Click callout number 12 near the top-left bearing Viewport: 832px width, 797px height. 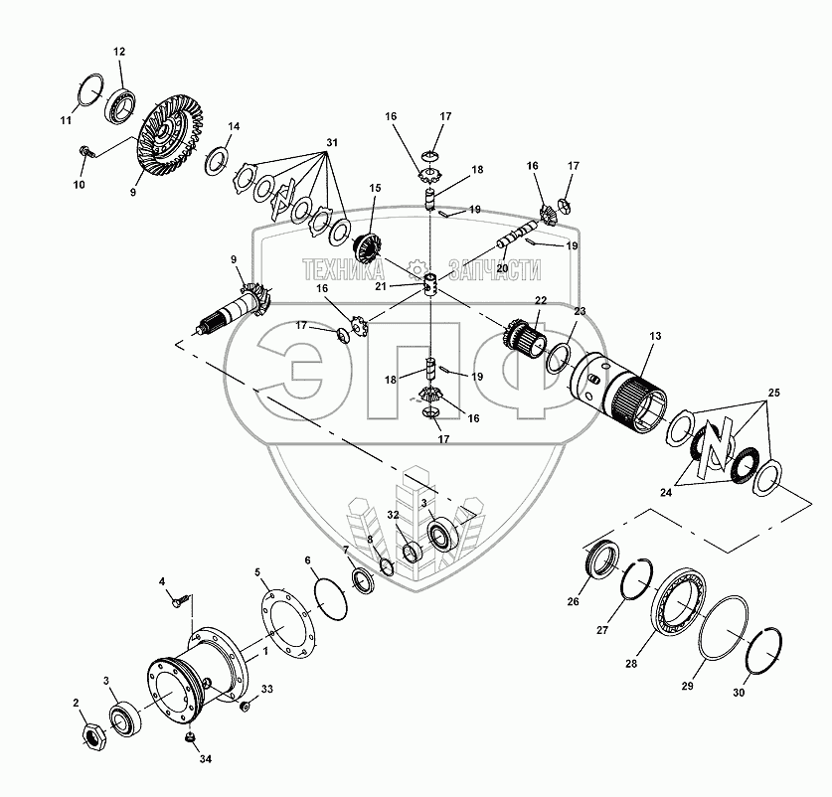pyautogui.click(x=119, y=51)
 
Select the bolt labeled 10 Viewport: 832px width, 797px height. pyautogui.click(x=86, y=152)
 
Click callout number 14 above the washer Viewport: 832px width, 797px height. pyautogui.click(x=234, y=127)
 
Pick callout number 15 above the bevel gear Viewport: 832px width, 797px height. pyautogui.click(x=375, y=188)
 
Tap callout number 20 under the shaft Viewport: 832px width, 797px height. pyautogui.click(x=502, y=267)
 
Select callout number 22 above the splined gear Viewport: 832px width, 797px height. pyautogui.click(x=540, y=300)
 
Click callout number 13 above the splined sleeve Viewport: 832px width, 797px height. pyautogui.click(x=655, y=339)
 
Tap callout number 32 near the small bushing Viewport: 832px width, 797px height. pyautogui.click(x=394, y=515)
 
